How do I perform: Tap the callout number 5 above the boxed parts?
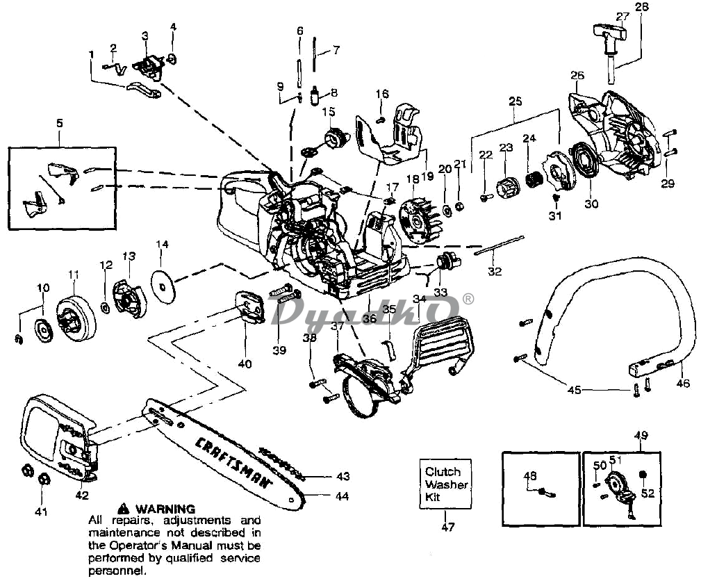60,123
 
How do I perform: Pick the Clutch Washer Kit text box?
446,484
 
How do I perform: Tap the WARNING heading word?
165,509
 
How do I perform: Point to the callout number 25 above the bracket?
515,101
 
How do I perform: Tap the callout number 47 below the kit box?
447,527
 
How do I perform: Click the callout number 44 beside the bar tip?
342,496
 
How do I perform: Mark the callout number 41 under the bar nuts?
41,512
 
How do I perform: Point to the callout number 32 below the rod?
495,271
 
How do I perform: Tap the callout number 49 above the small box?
641,435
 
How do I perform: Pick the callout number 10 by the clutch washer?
43,288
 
